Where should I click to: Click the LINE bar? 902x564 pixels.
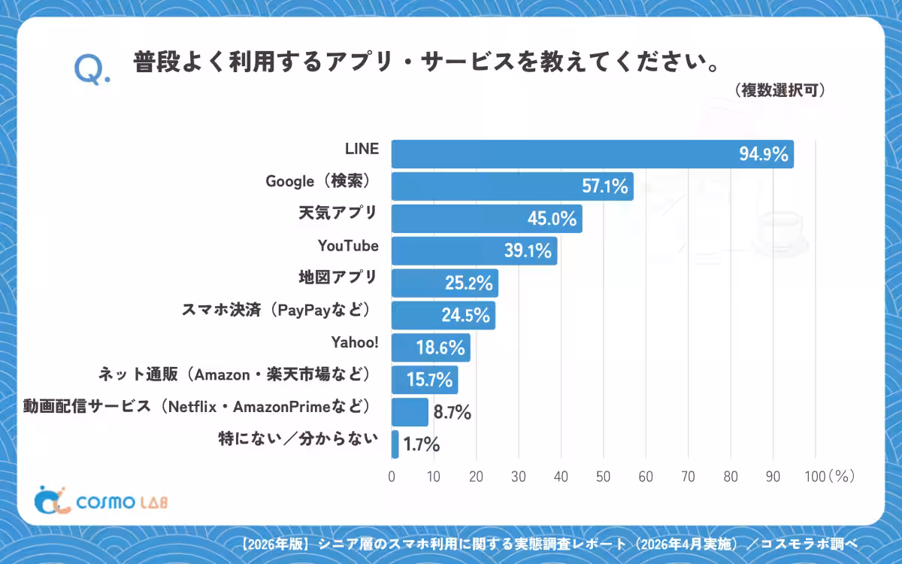592,154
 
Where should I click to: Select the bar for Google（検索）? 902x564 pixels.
512,186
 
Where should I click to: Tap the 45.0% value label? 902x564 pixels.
552,219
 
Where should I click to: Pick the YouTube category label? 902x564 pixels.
348,246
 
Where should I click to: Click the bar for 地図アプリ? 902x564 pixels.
444,283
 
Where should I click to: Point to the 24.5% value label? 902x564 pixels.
465,315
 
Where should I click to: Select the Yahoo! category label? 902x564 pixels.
355,342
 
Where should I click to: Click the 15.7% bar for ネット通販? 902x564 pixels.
425,380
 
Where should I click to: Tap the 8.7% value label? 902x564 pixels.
453,413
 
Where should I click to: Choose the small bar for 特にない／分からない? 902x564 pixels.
395,444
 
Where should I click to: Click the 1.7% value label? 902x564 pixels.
422,444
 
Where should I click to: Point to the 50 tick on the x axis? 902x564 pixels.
603,477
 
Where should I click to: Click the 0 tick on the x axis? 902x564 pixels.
392,477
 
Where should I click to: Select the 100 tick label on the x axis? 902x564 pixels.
815,477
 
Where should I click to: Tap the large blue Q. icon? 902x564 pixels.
92,69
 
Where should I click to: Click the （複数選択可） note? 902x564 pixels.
779,90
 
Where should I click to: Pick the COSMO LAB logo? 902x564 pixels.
101,500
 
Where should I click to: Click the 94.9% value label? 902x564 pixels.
764,154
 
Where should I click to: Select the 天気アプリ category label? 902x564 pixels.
337,213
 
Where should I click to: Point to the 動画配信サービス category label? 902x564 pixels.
87,407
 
